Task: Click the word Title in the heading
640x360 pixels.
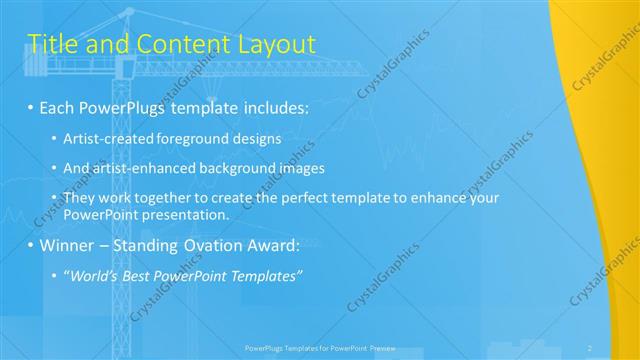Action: pyautogui.click(x=51, y=43)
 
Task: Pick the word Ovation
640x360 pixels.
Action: pyautogui.click(x=206, y=244)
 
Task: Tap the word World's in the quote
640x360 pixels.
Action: pyautogui.click(x=92, y=275)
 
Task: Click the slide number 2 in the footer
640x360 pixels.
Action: pyautogui.click(x=590, y=348)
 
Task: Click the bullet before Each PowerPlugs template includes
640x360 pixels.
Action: pyautogui.click(x=31, y=105)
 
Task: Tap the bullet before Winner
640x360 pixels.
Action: pyautogui.click(x=31, y=244)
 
